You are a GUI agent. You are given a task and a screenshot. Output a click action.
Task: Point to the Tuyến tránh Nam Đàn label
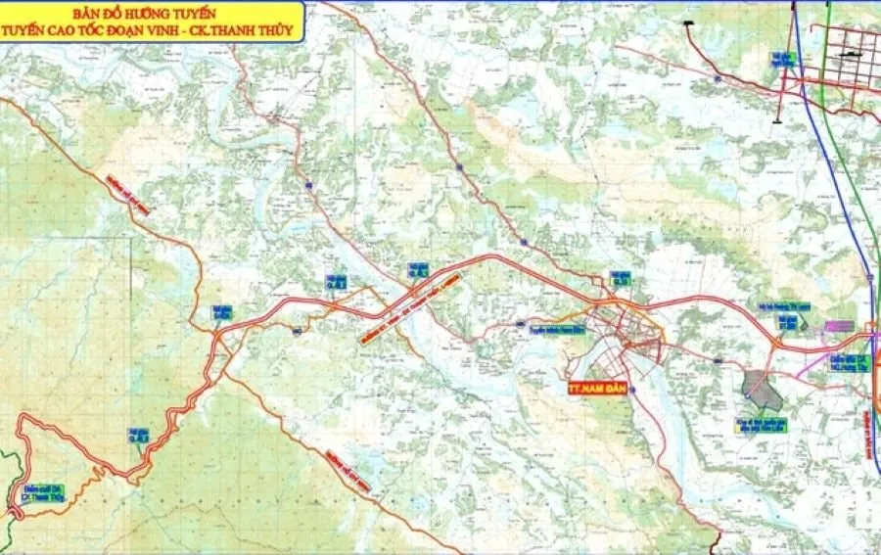(x=556, y=330)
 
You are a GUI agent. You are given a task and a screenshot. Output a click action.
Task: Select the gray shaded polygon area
(x=762, y=389)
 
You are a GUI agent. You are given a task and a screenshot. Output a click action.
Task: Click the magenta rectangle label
(x=839, y=325)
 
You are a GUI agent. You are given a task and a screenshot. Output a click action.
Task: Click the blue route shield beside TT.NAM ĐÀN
(x=632, y=390)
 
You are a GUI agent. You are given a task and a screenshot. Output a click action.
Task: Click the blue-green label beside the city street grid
(x=782, y=59)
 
